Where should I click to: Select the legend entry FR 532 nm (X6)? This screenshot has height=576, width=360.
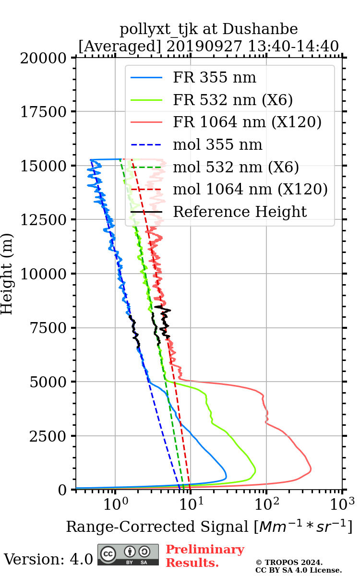pos(233,100)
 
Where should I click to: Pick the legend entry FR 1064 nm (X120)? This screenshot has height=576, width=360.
pos(247,122)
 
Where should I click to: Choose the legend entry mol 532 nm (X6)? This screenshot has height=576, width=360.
pos(236,167)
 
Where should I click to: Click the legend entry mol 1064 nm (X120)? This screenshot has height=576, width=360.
pos(250,189)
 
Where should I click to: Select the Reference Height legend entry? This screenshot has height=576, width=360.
pos(240,212)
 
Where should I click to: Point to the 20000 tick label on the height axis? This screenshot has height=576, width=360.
pos(44,58)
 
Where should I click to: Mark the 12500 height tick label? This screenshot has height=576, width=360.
pos(44,220)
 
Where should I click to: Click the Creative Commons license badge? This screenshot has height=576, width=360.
pos(129,555)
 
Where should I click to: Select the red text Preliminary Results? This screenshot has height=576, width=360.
pos(205,556)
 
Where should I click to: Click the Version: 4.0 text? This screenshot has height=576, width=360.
pos(48,559)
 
